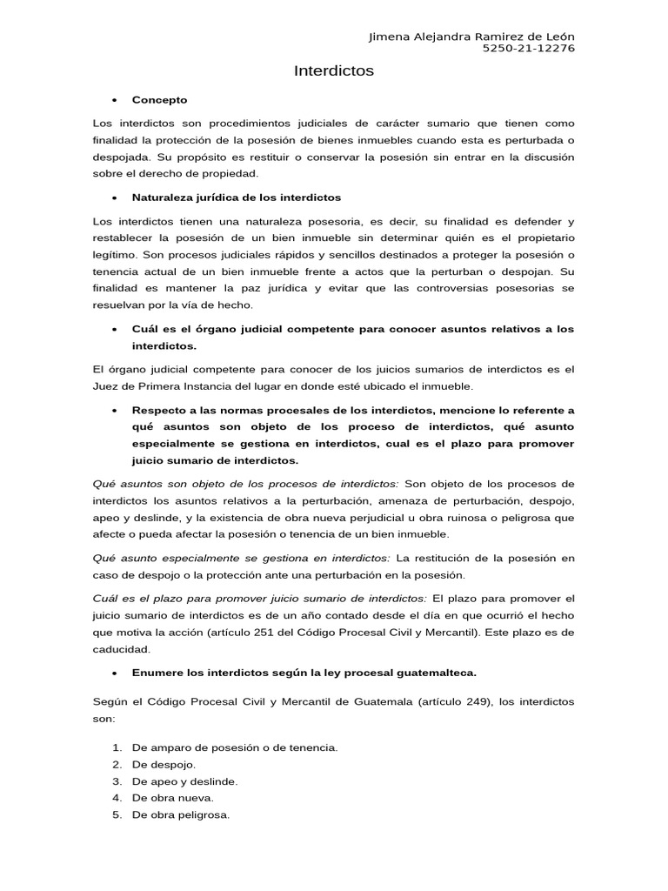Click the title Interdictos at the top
pos(334,71)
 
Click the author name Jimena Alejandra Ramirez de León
pos(471,36)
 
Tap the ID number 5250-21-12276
pos(528,48)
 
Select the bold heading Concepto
pos(159,100)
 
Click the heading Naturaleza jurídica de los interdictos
pos(236,198)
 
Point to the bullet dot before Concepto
pos(115,100)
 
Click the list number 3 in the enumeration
pos(117,780)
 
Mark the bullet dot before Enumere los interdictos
pos(115,673)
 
